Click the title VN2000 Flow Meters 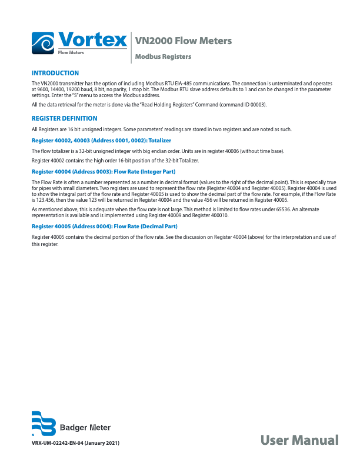(x=183, y=41)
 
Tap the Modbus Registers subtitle (x=163, y=57)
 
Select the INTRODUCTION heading (x=55, y=73)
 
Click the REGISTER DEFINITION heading (x=64, y=118)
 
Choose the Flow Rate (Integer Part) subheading (x=103, y=171)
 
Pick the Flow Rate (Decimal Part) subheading (x=104, y=226)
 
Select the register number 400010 (x=218, y=215)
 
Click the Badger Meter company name (x=86, y=428)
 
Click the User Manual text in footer (x=299, y=440)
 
